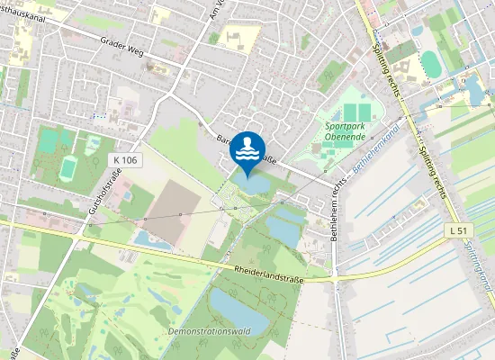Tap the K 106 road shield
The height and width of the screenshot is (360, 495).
126,159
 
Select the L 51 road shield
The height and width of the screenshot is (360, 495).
459,231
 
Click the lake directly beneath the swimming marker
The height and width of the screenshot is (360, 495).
253,183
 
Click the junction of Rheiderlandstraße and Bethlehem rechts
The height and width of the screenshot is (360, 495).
334,278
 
